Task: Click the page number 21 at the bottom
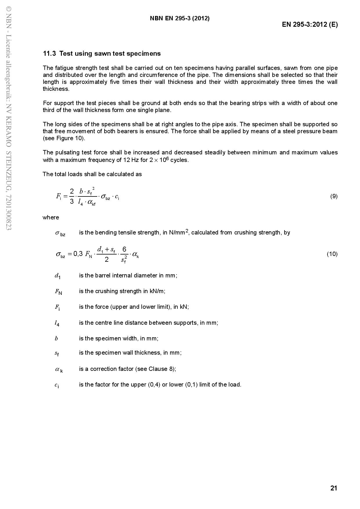pos(334,488)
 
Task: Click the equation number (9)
pos(334,196)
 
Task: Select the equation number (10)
pos(332,254)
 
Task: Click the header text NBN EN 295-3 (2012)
pos(180,18)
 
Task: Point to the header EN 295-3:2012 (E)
pos(310,24)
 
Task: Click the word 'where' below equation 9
pos(51,218)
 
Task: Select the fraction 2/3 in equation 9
pos(72,196)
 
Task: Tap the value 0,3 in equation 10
pos(78,254)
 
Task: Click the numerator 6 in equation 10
pos(124,249)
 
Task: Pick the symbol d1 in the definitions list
pos(57,276)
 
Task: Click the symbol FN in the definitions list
pos(58,292)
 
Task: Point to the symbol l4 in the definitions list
pos(57,323)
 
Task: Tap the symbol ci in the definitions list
pos(57,385)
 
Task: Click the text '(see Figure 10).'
pos(64,138)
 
